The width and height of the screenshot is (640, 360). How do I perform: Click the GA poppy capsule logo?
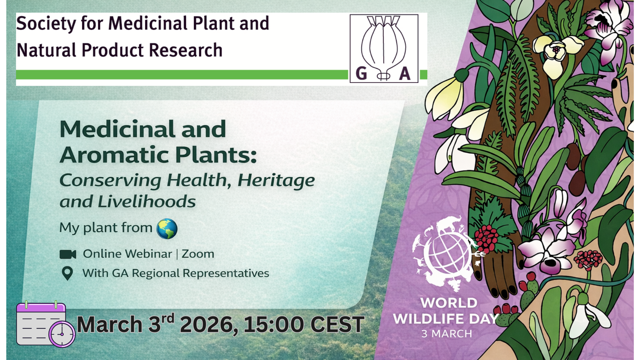384,48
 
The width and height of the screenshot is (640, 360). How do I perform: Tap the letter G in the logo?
361,73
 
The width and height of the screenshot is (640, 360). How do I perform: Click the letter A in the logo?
405,73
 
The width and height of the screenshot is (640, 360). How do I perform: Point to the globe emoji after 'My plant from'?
167,229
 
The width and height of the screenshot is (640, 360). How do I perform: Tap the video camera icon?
68,254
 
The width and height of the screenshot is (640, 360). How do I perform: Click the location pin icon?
67,273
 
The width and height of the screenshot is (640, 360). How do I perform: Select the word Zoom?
198,254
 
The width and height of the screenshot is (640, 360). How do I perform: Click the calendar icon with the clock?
46,324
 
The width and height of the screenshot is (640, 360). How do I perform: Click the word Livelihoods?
147,202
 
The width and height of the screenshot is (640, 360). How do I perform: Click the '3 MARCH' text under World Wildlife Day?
447,334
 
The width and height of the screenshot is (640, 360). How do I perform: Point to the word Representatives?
226,273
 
